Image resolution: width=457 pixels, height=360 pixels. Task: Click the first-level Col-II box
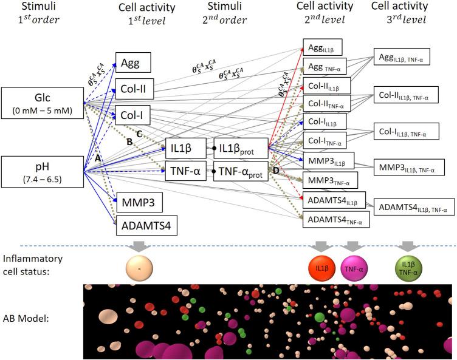(x=132, y=89)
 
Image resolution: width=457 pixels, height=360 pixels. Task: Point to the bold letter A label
(x=97, y=157)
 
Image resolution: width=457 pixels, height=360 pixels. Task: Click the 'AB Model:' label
(x=31, y=320)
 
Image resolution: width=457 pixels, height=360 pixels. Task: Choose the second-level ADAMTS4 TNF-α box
(x=336, y=219)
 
